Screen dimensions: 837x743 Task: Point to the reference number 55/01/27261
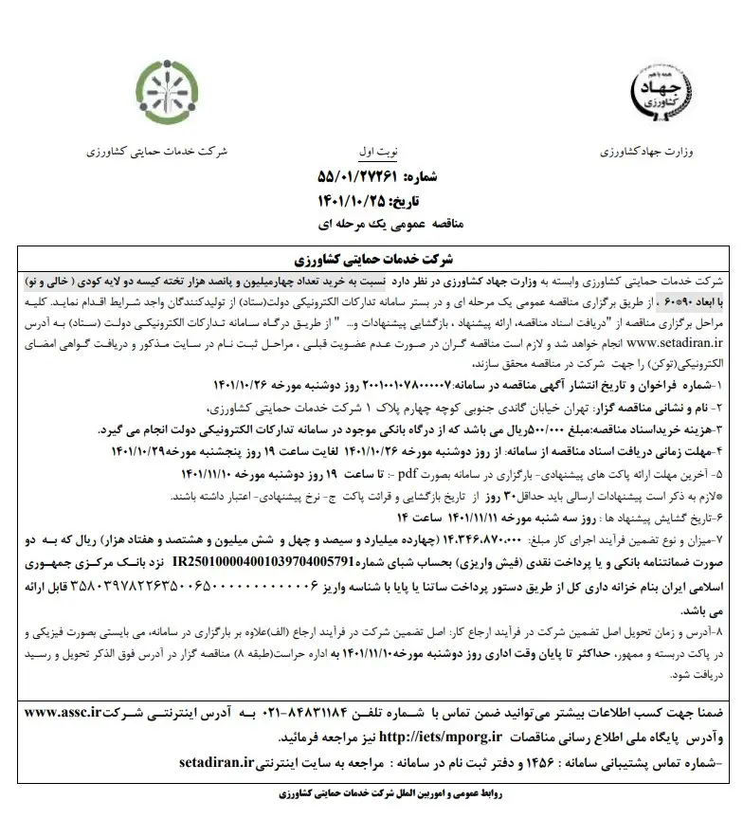[x=353, y=176]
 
